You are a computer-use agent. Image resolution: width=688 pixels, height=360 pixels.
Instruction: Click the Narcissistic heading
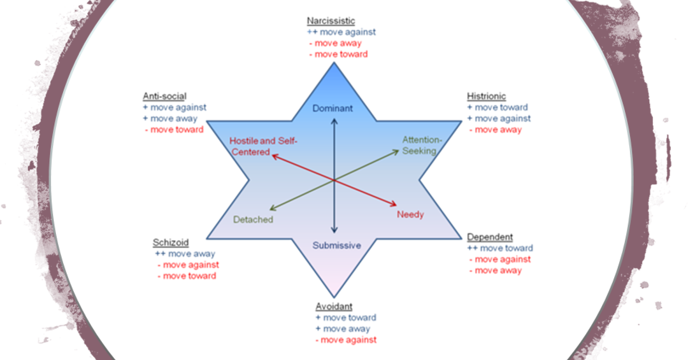pyautogui.click(x=330, y=21)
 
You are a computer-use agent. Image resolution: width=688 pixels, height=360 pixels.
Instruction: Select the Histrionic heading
pyautogui.click(x=486, y=96)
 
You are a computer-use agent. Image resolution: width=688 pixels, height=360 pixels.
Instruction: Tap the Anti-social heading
pyautogui.click(x=164, y=96)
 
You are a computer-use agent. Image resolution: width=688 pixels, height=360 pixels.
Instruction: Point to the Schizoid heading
pyautogui.click(x=170, y=243)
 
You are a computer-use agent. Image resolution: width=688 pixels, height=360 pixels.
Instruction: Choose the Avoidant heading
pyautogui.click(x=334, y=306)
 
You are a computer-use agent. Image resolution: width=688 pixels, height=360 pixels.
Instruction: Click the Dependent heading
pyautogui.click(x=490, y=237)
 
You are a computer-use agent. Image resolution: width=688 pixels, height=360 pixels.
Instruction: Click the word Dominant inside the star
pyautogui.click(x=333, y=108)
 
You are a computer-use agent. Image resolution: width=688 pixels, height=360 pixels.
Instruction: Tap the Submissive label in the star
pyautogui.click(x=337, y=245)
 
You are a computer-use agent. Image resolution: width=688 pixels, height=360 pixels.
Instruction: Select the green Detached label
pyautogui.click(x=253, y=220)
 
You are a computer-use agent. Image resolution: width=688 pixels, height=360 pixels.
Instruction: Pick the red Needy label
pyautogui.click(x=410, y=214)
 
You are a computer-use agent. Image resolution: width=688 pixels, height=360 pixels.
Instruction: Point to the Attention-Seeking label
pyautogui.click(x=421, y=145)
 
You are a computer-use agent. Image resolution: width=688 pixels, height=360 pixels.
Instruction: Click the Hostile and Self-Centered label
pyautogui.click(x=263, y=146)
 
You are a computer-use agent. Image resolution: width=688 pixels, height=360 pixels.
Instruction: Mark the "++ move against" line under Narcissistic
pyautogui.click(x=341, y=32)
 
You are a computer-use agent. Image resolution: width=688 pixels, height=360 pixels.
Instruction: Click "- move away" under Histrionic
pyautogui.click(x=495, y=130)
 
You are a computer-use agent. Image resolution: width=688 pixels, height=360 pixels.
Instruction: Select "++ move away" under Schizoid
pyautogui.click(x=185, y=254)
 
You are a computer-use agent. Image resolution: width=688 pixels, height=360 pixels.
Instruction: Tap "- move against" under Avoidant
pyautogui.click(x=346, y=340)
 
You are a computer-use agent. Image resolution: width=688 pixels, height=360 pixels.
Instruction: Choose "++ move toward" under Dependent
pyautogui.click(x=500, y=248)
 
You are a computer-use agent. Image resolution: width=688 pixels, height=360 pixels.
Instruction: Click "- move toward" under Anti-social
pyautogui.click(x=174, y=130)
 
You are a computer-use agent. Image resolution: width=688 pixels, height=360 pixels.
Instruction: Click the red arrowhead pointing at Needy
pyautogui.click(x=393, y=205)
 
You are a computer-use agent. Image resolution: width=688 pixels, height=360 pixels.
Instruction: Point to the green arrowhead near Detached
pyautogui.click(x=272, y=208)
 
